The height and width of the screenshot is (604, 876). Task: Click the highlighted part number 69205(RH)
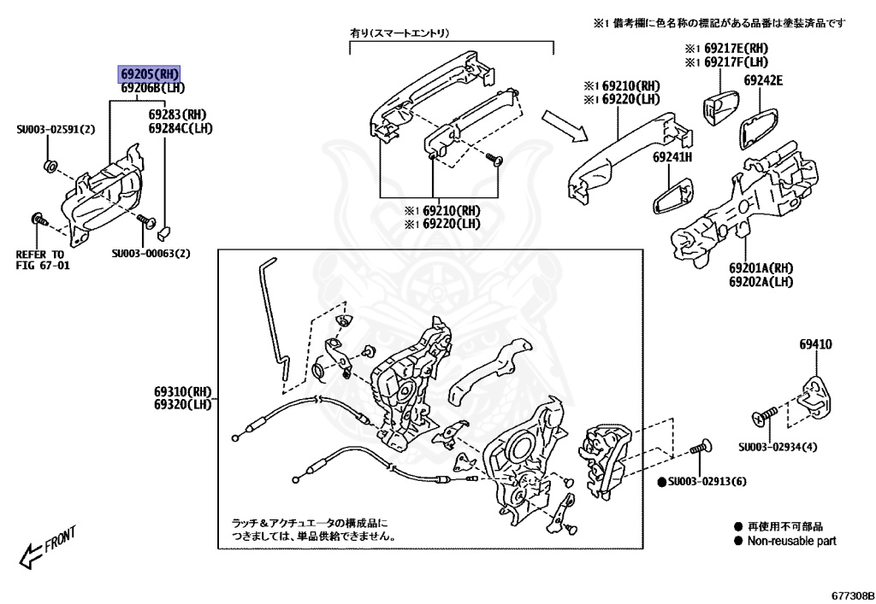click(150, 74)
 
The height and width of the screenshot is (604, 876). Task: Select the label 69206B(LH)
click(152, 88)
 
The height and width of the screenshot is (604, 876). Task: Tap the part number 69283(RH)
click(177, 114)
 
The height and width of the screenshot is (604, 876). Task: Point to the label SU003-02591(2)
click(56, 130)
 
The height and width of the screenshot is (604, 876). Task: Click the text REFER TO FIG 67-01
click(40, 260)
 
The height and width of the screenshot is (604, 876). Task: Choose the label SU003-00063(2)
click(151, 253)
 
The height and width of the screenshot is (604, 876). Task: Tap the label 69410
click(815, 344)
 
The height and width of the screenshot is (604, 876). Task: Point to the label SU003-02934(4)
click(778, 446)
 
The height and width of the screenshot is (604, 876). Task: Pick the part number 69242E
click(763, 81)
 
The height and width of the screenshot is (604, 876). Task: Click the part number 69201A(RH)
click(761, 268)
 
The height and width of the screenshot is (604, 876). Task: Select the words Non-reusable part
click(791, 541)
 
